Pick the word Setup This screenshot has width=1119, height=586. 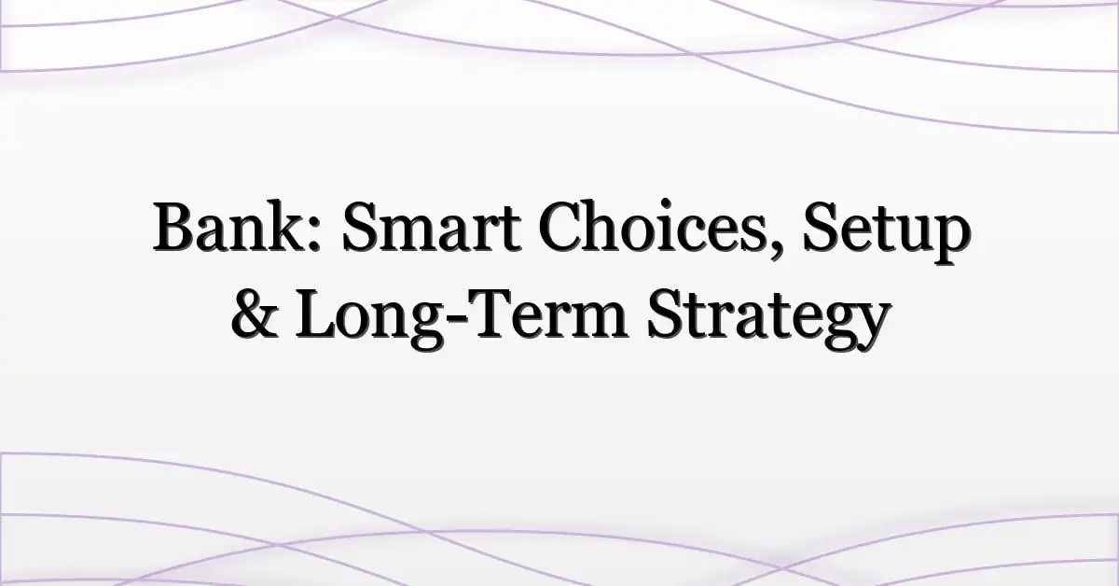coord(887,232)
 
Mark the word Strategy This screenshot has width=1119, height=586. coord(767,319)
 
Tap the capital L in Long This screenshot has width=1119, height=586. coord(317,314)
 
